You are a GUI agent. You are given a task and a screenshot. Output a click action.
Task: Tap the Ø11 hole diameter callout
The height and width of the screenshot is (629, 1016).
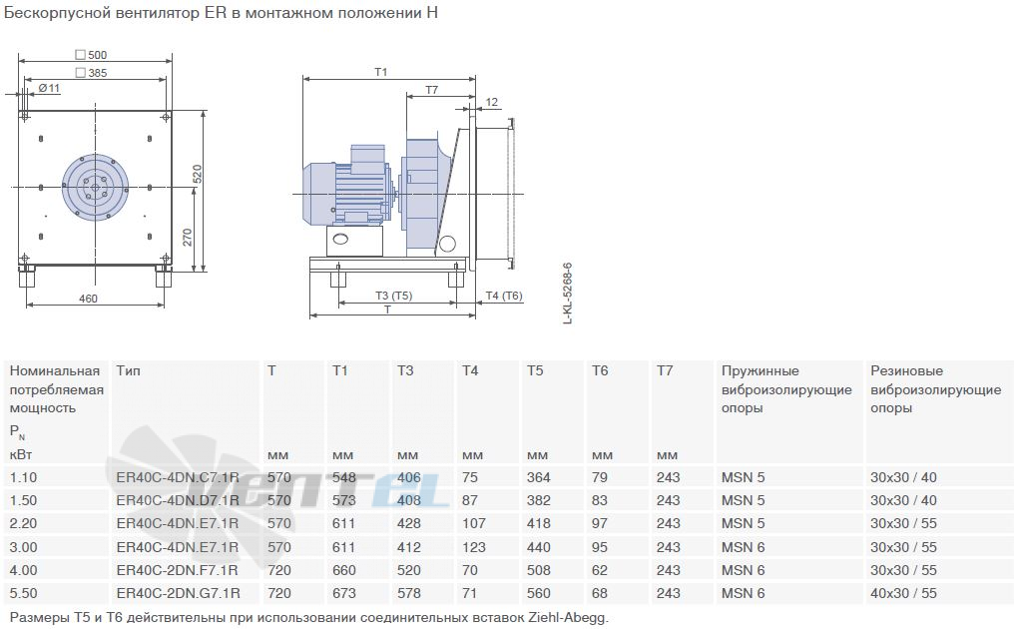(49, 88)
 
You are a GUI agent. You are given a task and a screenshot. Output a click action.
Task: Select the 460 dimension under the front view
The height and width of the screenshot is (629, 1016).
(88, 299)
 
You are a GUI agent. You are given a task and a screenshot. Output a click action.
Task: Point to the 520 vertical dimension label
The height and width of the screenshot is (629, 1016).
(198, 174)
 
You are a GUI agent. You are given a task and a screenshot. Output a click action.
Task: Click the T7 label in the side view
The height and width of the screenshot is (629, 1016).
(431, 90)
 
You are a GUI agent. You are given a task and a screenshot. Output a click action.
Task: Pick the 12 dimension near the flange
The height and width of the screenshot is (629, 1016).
(492, 102)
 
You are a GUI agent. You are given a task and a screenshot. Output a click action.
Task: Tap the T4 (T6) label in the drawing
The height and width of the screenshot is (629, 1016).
(504, 296)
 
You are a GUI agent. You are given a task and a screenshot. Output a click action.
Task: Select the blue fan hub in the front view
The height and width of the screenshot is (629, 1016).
(95, 188)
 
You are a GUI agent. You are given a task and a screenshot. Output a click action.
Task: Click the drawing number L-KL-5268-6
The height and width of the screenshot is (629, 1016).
(568, 294)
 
